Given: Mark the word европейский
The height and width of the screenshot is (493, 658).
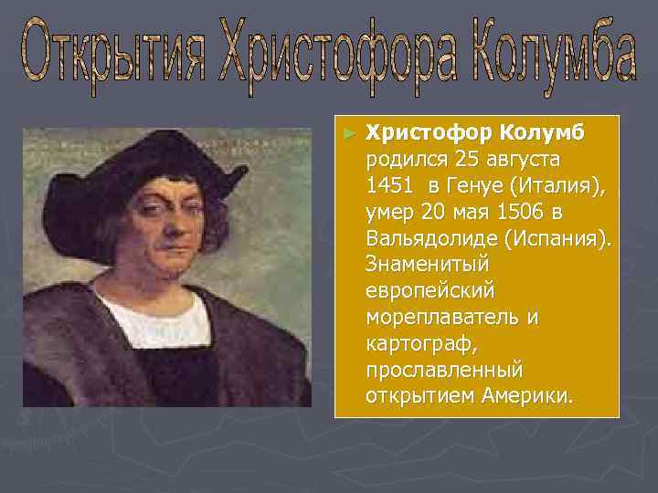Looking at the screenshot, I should click(x=430, y=291).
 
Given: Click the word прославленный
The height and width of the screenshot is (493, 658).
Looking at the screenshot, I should click(x=443, y=371).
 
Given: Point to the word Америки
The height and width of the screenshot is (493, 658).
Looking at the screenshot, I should click(x=529, y=397).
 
